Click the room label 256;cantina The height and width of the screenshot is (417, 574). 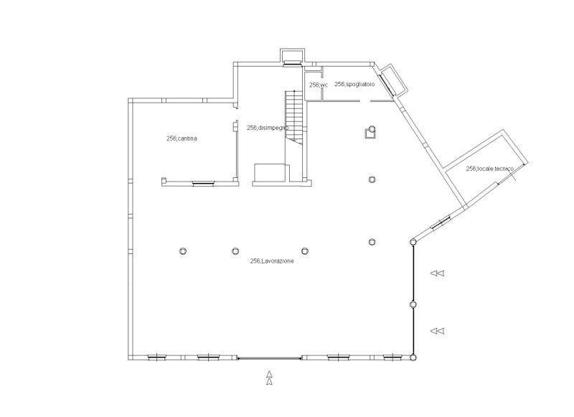click(x=182, y=139)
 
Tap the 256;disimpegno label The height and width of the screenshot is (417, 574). click(x=268, y=128)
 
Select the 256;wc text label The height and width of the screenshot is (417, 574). click(x=319, y=85)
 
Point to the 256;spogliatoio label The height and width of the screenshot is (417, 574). click(x=354, y=84)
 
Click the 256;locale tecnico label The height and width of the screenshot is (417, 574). click(x=490, y=169)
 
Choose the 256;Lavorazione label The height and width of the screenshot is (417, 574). click(x=272, y=261)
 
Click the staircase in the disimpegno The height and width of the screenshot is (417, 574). click(x=294, y=117)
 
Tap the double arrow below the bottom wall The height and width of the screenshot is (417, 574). click(x=270, y=378)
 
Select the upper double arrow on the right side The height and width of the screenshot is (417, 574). click(x=437, y=273)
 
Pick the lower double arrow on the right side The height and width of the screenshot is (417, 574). click(x=437, y=331)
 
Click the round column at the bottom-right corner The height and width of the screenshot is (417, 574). click(x=413, y=357)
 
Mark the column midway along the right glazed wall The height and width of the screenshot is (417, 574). click(x=413, y=304)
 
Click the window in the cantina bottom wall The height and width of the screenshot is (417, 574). click(x=204, y=184)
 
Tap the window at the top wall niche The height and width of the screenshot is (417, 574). click(x=292, y=63)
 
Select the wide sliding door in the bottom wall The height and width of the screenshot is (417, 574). click(x=270, y=357)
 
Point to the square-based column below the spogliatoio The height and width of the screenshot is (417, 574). click(x=371, y=132)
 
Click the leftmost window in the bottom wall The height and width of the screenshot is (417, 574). click(x=156, y=357)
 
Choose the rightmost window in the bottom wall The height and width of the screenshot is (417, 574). click(x=393, y=357)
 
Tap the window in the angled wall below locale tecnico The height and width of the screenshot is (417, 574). click(x=441, y=223)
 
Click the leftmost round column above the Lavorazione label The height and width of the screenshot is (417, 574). click(x=183, y=251)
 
